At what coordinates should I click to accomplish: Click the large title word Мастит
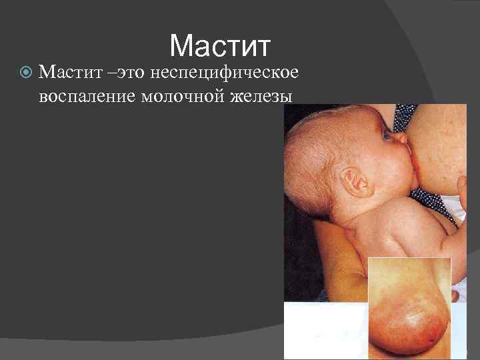coord(221,46)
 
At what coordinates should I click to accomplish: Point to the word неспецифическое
coord(224,71)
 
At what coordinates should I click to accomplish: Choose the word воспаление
coord(87,95)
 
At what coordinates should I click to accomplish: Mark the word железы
coord(261,95)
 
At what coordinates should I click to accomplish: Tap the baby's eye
coord(386,135)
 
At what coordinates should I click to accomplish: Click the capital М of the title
coord(182,46)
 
